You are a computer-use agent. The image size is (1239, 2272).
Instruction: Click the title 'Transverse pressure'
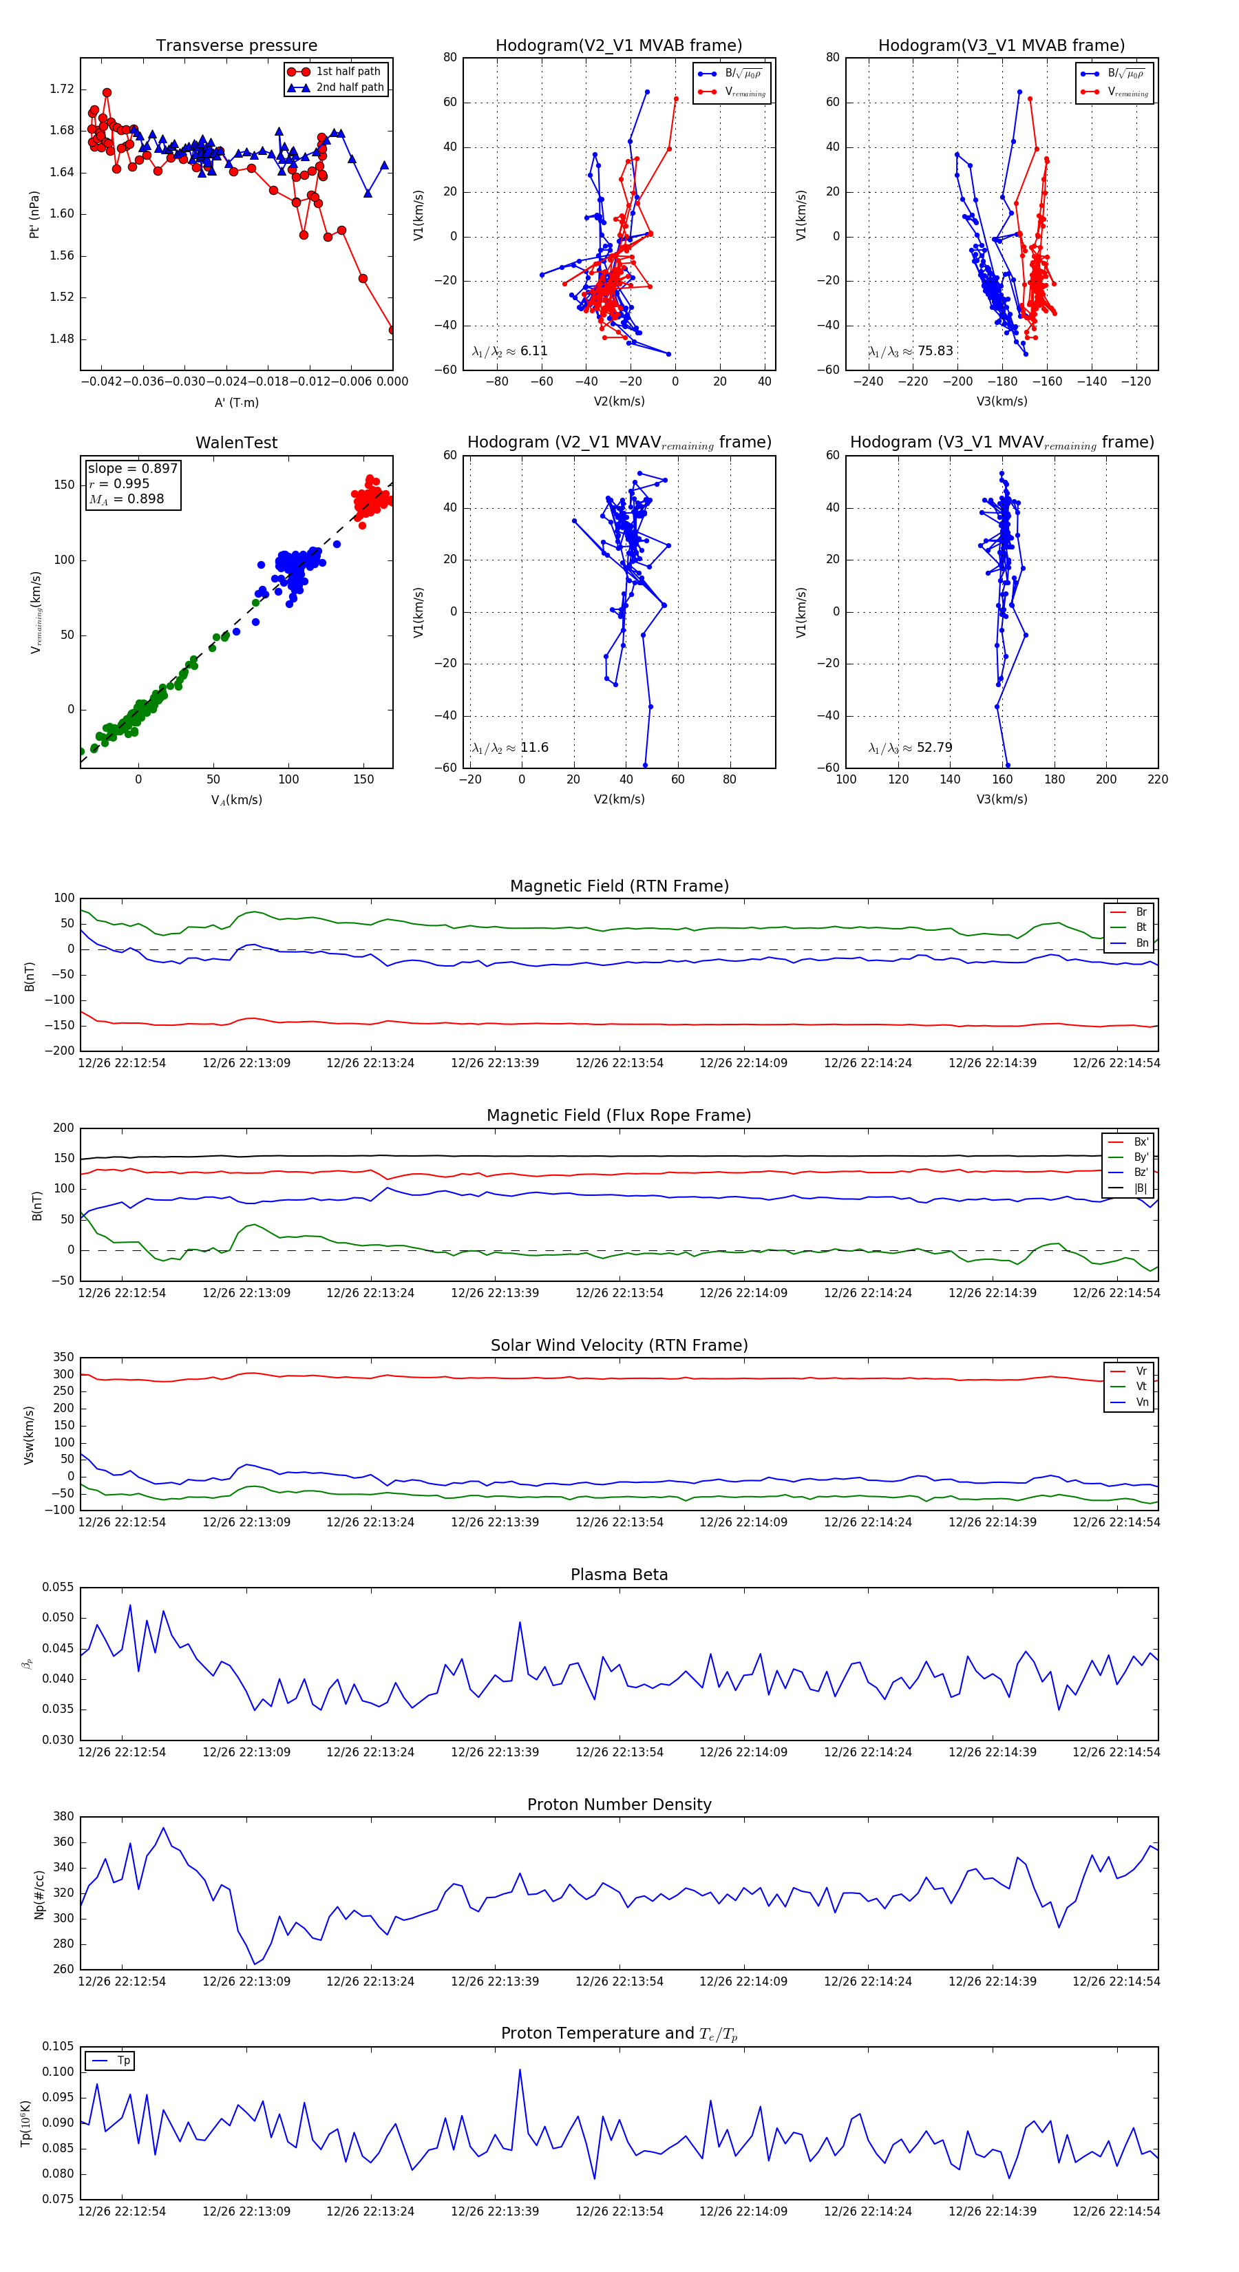click(x=236, y=46)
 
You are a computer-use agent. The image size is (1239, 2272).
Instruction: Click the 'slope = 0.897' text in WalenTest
click(x=132, y=468)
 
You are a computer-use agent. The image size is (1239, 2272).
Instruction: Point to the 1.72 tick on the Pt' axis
click(x=62, y=89)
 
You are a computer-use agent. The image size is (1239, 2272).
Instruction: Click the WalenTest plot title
click(x=236, y=443)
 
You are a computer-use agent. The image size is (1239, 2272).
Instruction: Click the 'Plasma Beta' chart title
click(x=619, y=1575)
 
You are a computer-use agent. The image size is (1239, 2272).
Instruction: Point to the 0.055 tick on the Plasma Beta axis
click(x=59, y=1587)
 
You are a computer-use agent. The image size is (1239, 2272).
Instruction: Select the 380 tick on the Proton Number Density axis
click(x=63, y=1817)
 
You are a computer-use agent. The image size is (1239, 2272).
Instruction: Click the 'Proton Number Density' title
click(x=619, y=1805)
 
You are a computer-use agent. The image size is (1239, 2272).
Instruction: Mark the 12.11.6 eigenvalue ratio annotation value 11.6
click(x=534, y=748)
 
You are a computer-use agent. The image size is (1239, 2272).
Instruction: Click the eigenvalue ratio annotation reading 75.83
click(x=935, y=351)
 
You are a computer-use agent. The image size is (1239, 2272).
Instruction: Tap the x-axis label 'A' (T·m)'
click(x=236, y=403)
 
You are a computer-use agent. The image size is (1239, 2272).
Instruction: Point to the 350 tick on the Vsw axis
click(x=63, y=1358)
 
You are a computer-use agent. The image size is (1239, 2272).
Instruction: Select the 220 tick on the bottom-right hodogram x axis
click(x=1157, y=779)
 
